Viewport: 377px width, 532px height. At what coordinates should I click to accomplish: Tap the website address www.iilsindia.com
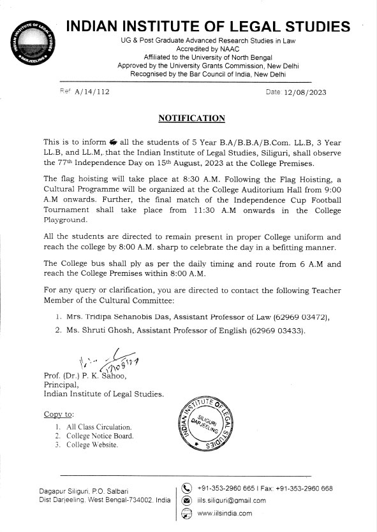click(x=225, y=513)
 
